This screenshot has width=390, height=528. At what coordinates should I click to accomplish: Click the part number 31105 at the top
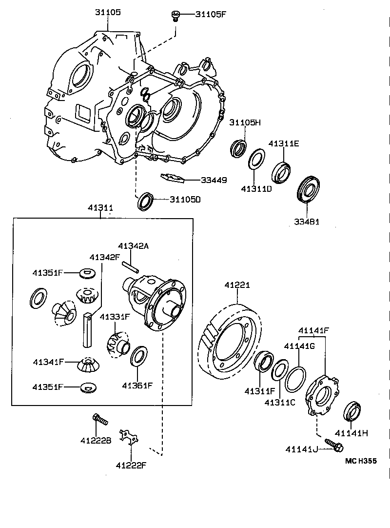pos(108,12)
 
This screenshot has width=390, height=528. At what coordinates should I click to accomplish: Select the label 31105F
pos(211,14)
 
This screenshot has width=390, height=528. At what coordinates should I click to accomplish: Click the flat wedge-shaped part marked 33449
pos(173,178)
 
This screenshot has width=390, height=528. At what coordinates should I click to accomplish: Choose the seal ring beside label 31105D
pos(145,202)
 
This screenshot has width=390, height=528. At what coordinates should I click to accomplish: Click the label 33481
pos(306,222)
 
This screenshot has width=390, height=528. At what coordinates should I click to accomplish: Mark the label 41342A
pos(133,246)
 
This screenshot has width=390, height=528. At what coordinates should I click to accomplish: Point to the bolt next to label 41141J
pos(334,446)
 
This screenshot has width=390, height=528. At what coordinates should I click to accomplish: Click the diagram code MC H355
pos(361,460)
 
